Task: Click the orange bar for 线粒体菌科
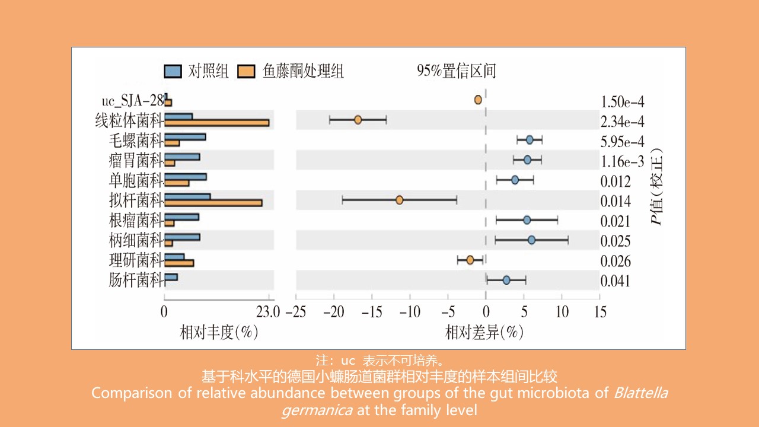(x=216, y=123)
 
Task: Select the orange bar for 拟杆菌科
(x=213, y=203)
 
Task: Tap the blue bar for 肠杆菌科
(x=171, y=277)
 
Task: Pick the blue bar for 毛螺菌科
(x=185, y=136)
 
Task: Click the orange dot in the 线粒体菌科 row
(x=358, y=120)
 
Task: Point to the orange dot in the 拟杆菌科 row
(x=399, y=200)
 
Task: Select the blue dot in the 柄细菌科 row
(x=531, y=240)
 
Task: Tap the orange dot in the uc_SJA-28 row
(x=478, y=100)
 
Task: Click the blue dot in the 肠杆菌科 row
(x=506, y=280)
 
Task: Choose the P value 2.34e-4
(x=622, y=122)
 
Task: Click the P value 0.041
(x=616, y=281)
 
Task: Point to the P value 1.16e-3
(x=622, y=161)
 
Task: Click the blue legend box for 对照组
(x=173, y=72)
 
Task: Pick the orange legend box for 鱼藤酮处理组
(x=246, y=72)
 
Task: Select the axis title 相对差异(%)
(x=484, y=333)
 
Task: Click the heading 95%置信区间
(x=456, y=72)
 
